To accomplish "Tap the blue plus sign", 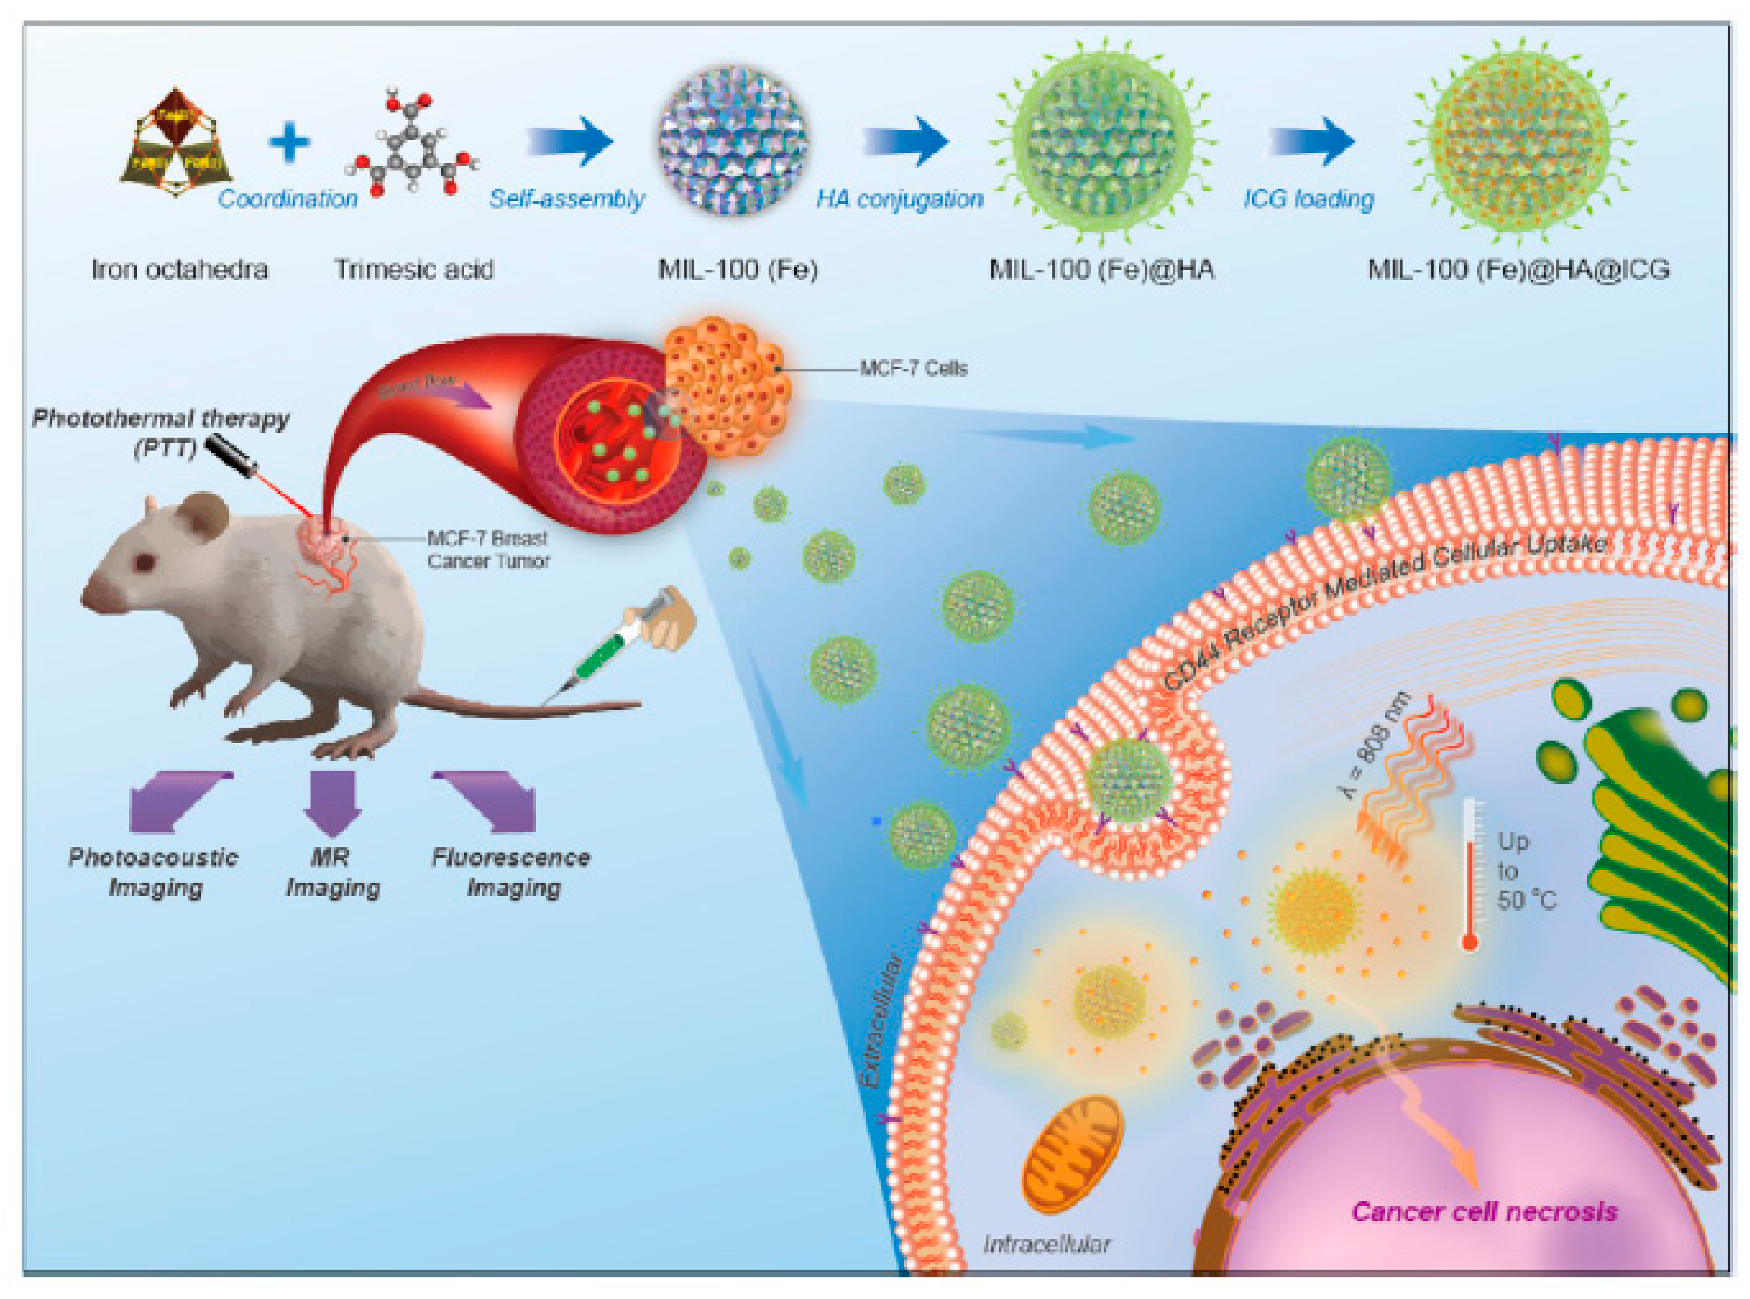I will click(x=289, y=142).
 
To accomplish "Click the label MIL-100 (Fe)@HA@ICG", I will click(x=1518, y=270).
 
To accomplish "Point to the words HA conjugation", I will click(x=899, y=199).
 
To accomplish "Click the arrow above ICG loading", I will click(x=1311, y=142).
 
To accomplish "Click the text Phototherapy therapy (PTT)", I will click(x=161, y=432).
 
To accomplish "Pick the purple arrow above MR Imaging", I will click(x=332, y=802).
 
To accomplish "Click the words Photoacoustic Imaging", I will click(x=153, y=872).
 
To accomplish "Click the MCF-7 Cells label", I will click(x=913, y=368).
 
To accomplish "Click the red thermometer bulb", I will click(x=1469, y=941).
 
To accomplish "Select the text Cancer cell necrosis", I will click(x=1484, y=1212).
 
